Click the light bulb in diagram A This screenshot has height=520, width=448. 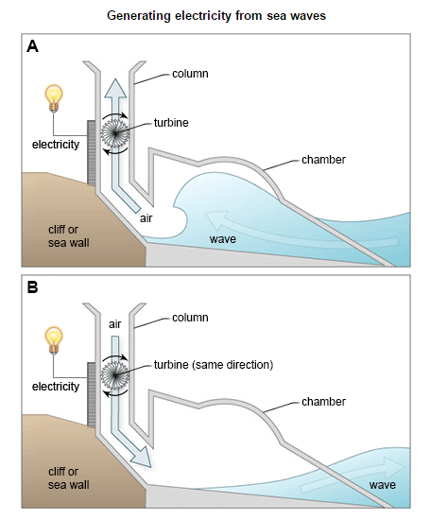tap(54, 98)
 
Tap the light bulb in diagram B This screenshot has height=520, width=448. tap(54, 340)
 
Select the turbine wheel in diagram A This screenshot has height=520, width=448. tap(114, 133)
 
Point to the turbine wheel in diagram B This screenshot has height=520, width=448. tap(114, 375)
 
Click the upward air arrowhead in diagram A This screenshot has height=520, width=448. tap(115, 88)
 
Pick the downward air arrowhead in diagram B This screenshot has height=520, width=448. tap(141, 458)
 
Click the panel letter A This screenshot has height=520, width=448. tap(32, 46)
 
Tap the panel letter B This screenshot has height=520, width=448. tap(32, 287)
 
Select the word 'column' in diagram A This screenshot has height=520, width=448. tap(190, 74)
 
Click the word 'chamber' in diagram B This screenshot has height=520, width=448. tap(323, 402)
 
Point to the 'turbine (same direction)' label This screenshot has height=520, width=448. tap(214, 365)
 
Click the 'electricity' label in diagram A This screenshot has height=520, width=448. tap(56, 145)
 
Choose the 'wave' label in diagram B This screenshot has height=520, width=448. tap(383, 485)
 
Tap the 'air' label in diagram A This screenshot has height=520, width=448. tap(146, 218)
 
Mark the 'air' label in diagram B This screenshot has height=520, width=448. tap(115, 324)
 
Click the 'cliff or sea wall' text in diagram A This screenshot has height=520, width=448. tap(69, 236)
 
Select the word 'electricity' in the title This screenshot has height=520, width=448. tap(203, 16)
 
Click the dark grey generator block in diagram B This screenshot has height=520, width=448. tap(91, 394)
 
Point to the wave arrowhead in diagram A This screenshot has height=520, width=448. tap(216, 220)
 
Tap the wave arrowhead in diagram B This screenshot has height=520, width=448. tap(394, 467)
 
